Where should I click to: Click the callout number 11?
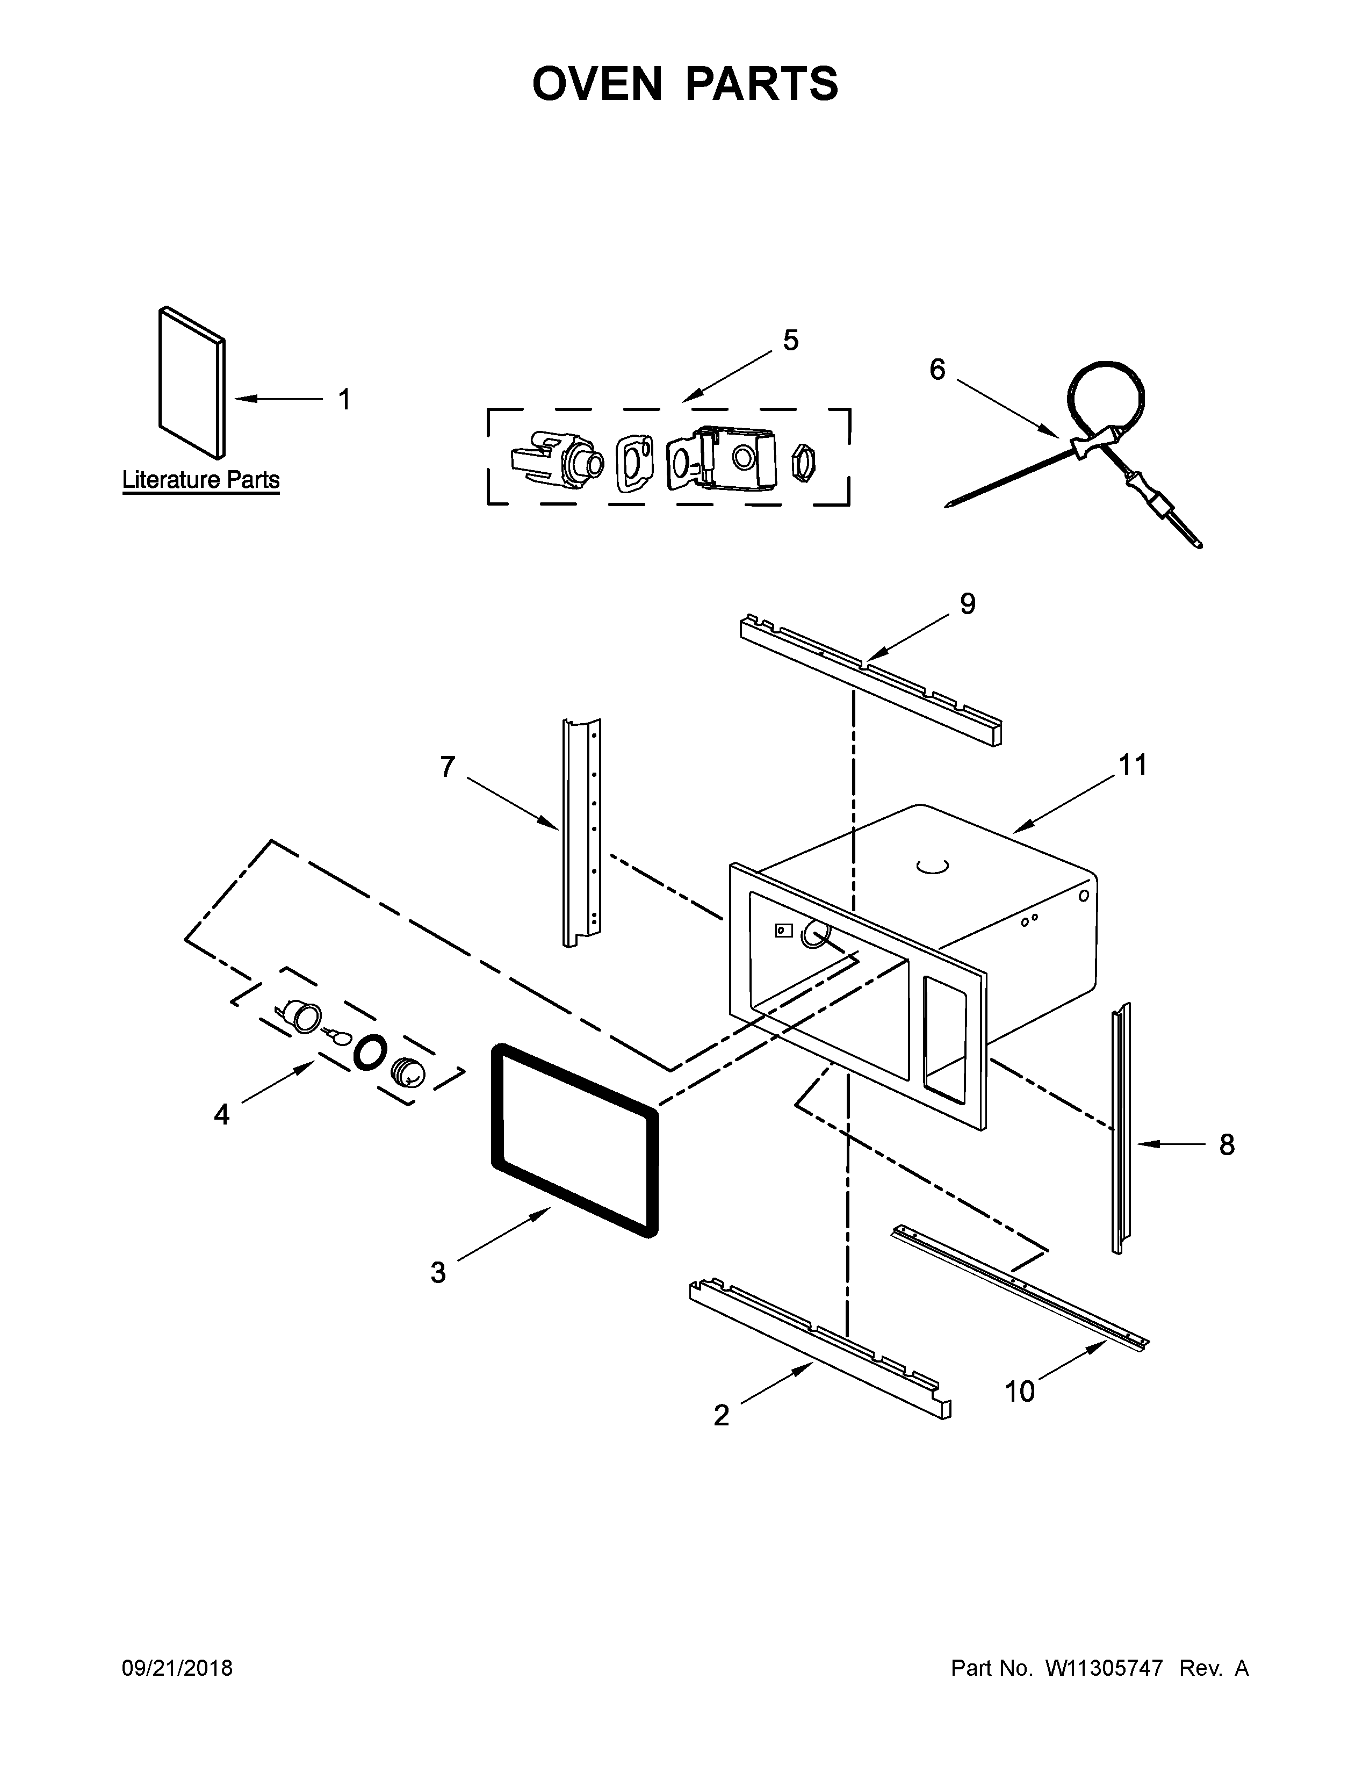(x=1133, y=765)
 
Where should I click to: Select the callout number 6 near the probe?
(x=938, y=370)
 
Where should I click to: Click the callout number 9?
(x=968, y=604)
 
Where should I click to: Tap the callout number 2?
(x=720, y=1416)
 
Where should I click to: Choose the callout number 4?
(x=221, y=1115)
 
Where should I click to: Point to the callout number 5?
(x=790, y=340)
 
